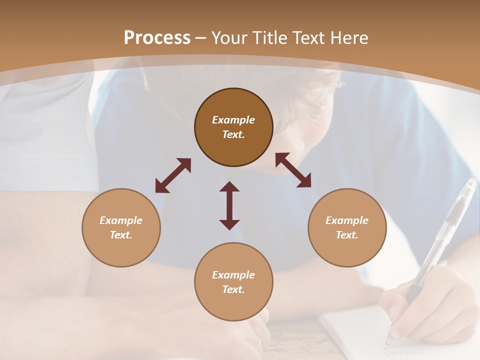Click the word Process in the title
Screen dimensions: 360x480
[157, 38]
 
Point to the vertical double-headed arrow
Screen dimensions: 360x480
[229, 205]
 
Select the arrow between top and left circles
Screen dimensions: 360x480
[173, 175]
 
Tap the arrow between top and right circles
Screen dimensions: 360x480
[293, 170]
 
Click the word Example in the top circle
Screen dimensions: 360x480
[233, 120]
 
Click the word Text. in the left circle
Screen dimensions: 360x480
[121, 235]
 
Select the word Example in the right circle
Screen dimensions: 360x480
[347, 220]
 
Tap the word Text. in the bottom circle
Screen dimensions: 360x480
[233, 289]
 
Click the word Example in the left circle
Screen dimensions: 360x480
[121, 220]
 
